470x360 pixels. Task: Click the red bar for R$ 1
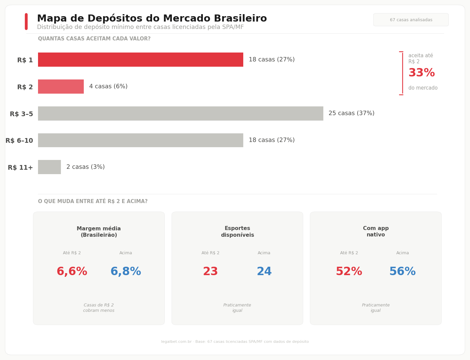coord(141,60)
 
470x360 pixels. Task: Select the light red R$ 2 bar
coord(61,87)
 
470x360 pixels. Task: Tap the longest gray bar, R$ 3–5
coord(180,113)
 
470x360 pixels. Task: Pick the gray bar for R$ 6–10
coord(141,140)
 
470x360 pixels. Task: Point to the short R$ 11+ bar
coord(49,167)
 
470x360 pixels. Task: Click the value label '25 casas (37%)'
coord(351,113)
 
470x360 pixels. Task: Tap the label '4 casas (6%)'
coord(108,87)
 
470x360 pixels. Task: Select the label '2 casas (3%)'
coord(85,167)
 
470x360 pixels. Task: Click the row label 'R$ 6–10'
coord(20,141)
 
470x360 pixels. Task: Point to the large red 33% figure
coord(422,73)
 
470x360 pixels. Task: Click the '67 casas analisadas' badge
coord(411,20)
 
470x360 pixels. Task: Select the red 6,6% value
coord(72,272)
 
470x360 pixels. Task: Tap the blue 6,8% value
coord(126,272)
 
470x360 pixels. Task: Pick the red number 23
coord(210,272)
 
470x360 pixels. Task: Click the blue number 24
coord(264,272)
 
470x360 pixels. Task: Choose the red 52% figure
coord(349,272)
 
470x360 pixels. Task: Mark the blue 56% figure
coord(402,272)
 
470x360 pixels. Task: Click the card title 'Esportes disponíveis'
coord(237,232)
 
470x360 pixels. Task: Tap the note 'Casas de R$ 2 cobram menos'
coord(99,308)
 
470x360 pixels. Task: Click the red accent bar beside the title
coord(26,22)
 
